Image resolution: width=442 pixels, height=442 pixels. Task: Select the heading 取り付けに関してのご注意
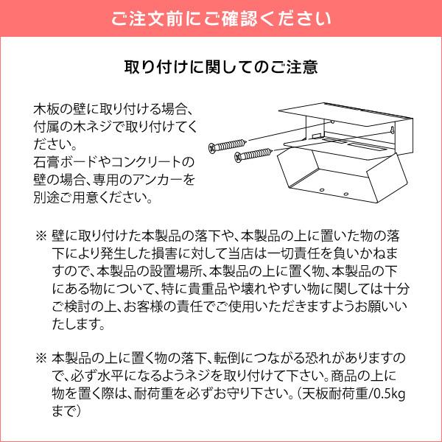coord(221,68)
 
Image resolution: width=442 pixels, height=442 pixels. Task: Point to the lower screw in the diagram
coord(250,154)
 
